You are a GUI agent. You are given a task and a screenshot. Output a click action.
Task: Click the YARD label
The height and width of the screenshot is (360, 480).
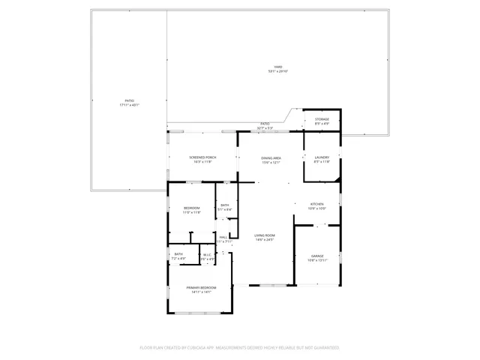[277, 67]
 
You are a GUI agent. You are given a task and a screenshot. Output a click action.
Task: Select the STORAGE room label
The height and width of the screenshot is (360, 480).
[322, 119]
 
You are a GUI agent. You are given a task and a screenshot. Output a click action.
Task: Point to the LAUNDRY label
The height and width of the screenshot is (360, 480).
[322, 157]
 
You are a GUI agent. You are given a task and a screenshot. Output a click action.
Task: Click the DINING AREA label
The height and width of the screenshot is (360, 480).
[271, 158]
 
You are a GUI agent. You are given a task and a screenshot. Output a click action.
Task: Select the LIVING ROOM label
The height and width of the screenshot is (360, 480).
[265, 235]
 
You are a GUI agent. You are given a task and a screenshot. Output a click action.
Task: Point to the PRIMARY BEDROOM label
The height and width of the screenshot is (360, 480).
[202, 287]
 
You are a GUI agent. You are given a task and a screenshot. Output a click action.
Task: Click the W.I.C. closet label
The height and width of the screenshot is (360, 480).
[208, 254]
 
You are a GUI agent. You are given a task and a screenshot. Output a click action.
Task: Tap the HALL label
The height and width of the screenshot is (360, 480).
[223, 237]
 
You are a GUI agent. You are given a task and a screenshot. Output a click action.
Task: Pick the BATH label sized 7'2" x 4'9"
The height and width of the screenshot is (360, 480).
[178, 254]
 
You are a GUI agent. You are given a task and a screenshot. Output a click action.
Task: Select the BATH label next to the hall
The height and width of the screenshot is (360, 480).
[225, 205]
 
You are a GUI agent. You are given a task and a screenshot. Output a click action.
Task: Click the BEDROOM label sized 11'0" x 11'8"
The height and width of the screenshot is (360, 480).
[192, 208]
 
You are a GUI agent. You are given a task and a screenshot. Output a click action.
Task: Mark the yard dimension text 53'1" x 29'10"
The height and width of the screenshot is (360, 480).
[277, 71]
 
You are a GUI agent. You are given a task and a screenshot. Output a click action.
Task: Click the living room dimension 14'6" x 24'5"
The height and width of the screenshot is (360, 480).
[265, 240]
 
